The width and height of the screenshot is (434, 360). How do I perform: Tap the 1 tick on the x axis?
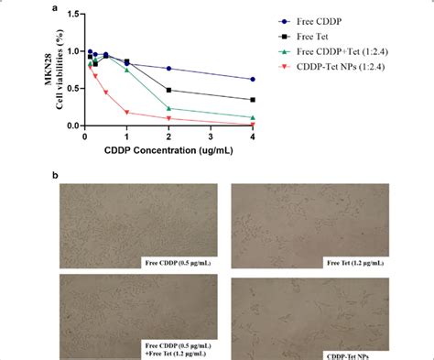(126, 138)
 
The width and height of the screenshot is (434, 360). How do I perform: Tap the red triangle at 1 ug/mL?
(126, 113)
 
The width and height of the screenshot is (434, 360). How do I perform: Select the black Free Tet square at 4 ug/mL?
(253, 99)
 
